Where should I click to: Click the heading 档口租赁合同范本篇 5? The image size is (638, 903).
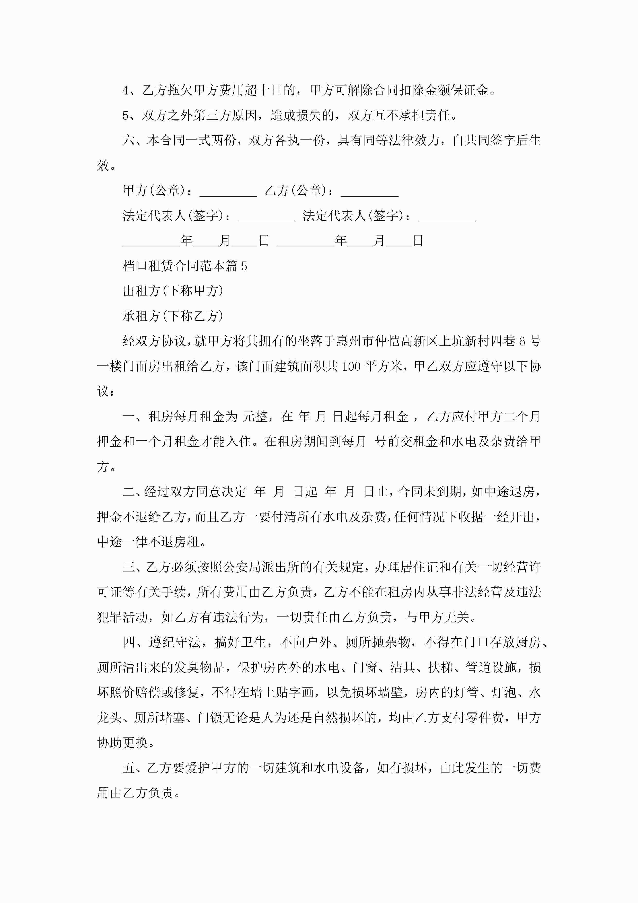[185, 266]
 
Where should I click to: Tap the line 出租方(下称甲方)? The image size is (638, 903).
[173, 291]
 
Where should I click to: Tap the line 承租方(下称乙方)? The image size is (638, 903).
[173, 316]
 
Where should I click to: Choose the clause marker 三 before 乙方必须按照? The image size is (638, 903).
[129, 567]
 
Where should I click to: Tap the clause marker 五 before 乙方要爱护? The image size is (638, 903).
[129, 768]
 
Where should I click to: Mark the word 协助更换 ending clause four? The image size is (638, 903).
[122, 743]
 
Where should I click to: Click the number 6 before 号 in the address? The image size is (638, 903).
[522, 341]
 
